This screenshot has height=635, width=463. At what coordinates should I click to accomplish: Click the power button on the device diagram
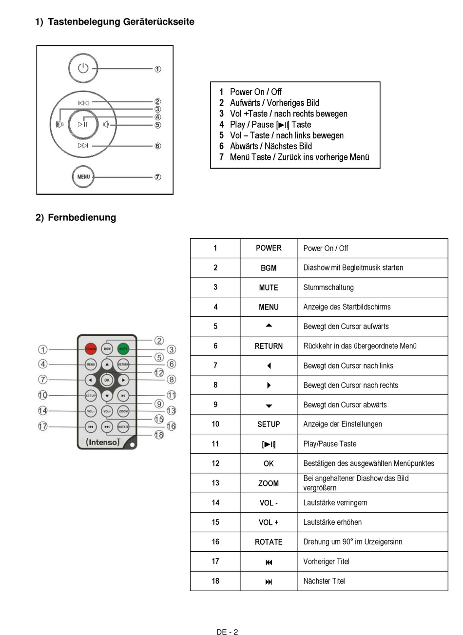(x=83, y=69)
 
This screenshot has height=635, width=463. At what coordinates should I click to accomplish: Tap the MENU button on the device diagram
(x=83, y=176)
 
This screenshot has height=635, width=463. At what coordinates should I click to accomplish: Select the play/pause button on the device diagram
(x=83, y=124)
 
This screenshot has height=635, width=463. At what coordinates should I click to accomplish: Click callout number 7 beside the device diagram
(x=158, y=177)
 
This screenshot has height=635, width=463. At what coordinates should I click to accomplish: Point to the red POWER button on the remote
(x=91, y=349)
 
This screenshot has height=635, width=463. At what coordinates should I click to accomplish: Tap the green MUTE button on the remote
(x=123, y=349)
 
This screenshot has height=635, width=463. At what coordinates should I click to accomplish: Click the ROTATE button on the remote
(x=123, y=427)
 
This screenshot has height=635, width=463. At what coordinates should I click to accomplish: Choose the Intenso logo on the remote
(x=103, y=443)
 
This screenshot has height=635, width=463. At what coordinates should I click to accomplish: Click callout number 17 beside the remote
(x=43, y=426)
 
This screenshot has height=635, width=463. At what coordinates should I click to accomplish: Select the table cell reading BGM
(x=269, y=268)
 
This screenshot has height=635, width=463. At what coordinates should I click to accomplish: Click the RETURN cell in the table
(x=269, y=346)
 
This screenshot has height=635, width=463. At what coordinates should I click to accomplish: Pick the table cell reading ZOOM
(x=269, y=483)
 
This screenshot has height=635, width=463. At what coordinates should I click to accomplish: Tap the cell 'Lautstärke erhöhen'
(x=332, y=522)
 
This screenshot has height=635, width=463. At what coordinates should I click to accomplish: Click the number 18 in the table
(x=215, y=581)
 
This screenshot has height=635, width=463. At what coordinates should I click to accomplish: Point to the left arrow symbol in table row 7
(x=269, y=366)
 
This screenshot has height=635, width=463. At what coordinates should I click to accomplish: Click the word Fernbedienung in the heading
(x=82, y=217)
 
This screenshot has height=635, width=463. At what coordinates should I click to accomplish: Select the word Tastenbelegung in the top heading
(x=84, y=22)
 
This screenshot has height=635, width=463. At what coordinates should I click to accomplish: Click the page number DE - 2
(x=227, y=632)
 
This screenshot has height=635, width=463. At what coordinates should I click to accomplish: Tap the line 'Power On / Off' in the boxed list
(x=255, y=92)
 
